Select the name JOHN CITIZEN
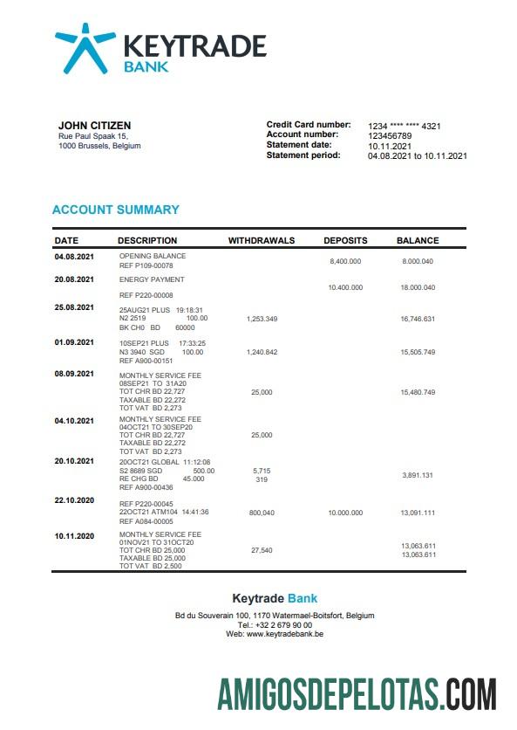click(89, 125)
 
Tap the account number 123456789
click(390, 135)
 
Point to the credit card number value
click(405, 126)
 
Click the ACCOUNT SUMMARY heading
click(116, 210)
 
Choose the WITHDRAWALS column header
click(262, 240)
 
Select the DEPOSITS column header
click(345, 240)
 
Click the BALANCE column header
click(418, 240)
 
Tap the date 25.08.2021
click(74, 307)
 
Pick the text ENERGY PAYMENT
click(152, 279)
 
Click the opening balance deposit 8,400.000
click(345, 261)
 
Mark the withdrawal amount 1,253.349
click(262, 319)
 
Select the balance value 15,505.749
click(418, 351)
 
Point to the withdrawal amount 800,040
click(262, 513)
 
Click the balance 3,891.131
click(418, 474)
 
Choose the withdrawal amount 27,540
click(262, 550)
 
